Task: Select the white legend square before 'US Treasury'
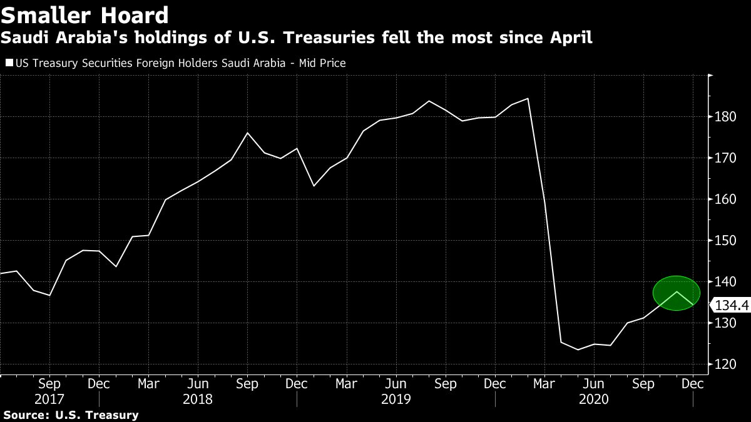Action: tap(8, 63)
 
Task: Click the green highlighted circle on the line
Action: tap(676, 293)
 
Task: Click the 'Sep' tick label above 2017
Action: tap(49, 383)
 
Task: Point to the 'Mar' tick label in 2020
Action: tap(544, 383)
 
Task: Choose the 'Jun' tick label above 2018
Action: tap(198, 383)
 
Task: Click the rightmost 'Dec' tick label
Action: tap(692, 383)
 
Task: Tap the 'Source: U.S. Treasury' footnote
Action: tap(71, 414)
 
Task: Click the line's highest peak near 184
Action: tap(528, 98)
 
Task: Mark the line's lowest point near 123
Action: tap(577, 349)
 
